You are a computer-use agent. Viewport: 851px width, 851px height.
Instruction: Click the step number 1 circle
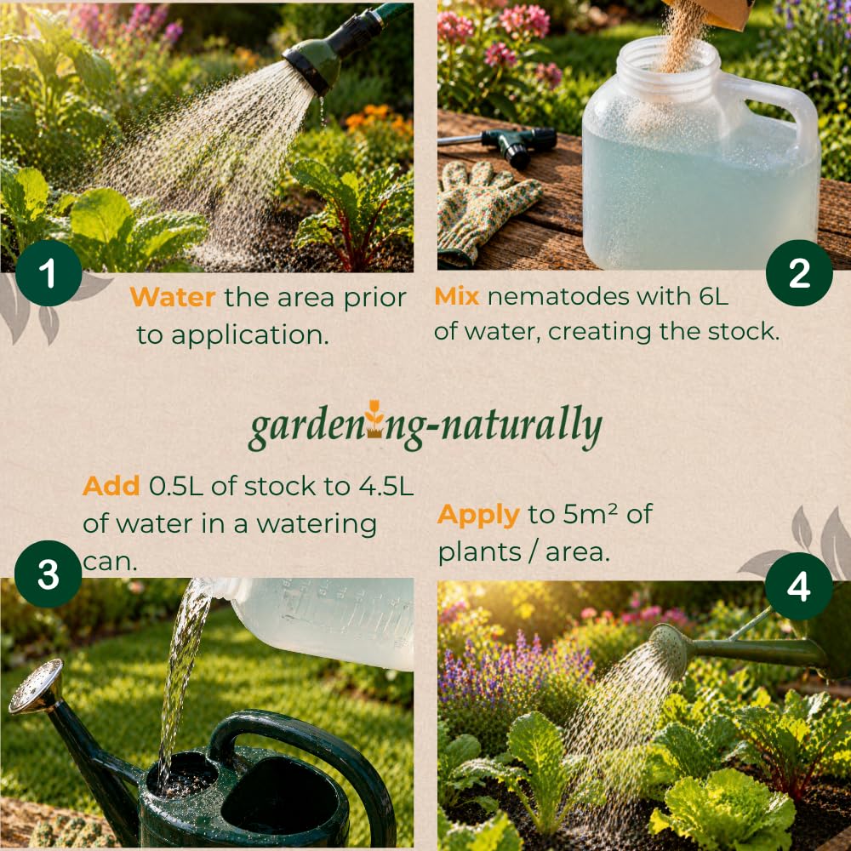click(49, 273)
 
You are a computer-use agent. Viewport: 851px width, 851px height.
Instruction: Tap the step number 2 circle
click(799, 273)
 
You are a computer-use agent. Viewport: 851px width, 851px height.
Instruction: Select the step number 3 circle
click(49, 574)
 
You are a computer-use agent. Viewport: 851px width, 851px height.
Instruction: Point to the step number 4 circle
click(798, 586)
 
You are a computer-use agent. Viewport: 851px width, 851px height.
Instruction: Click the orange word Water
click(173, 297)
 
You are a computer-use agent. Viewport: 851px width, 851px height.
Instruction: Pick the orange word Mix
click(456, 296)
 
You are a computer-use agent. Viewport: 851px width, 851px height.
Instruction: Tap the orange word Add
click(111, 486)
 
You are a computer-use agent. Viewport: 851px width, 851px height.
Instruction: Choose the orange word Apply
click(478, 516)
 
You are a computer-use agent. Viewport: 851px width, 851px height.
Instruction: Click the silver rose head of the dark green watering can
click(36, 686)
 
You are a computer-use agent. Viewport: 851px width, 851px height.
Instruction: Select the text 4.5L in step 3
click(386, 486)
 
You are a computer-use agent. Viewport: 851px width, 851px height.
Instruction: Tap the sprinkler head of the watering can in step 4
click(671, 648)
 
